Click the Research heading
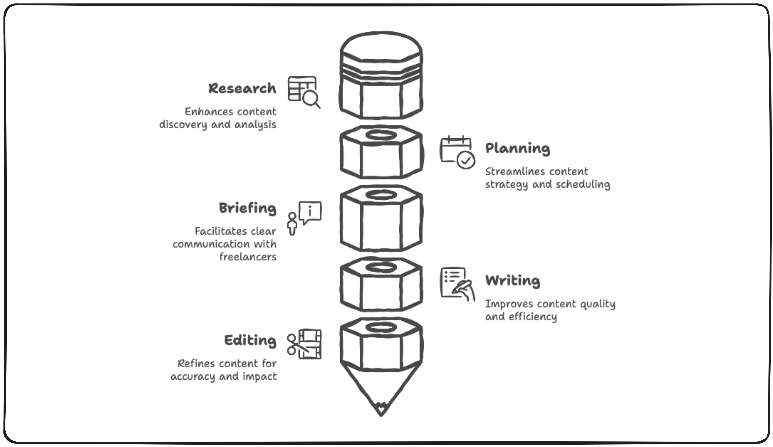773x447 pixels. [242, 88]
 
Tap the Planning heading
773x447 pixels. [518, 148]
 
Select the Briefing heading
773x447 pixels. [247, 208]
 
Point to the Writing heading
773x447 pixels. [513, 281]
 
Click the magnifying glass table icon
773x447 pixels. [304, 92]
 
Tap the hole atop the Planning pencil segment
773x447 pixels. [381, 135]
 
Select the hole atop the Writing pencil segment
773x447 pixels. [381, 267]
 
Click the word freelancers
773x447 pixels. [248, 257]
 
